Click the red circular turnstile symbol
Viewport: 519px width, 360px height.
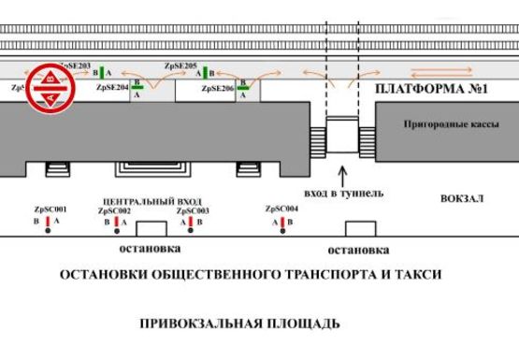point(44,88)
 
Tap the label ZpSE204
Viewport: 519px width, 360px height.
point(112,87)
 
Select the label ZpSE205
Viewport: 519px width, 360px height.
point(180,66)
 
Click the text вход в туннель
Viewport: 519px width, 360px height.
point(344,194)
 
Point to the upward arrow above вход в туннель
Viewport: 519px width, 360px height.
point(344,175)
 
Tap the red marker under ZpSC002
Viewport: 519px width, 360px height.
point(120,223)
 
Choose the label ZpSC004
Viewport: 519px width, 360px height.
point(281,209)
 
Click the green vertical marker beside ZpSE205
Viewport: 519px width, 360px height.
point(209,72)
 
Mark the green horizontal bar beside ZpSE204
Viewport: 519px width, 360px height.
point(138,86)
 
